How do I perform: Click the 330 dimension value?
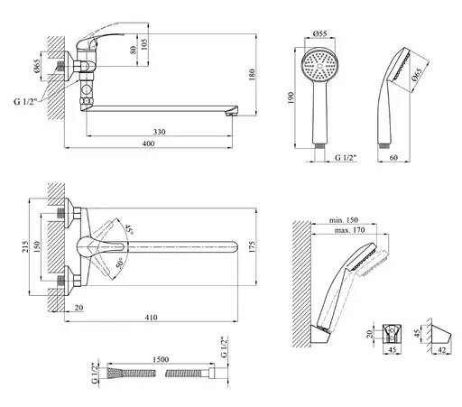tap(160, 132)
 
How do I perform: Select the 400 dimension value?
tap(149, 143)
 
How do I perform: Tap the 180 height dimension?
tap(252, 75)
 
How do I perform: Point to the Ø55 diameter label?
tap(319, 33)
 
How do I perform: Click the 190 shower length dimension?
tap(291, 98)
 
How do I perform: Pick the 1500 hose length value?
tap(161, 359)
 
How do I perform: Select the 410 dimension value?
tap(151, 318)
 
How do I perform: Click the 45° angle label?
tap(129, 229)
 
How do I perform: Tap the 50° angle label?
tap(120, 264)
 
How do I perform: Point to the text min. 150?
tap(344, 220)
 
